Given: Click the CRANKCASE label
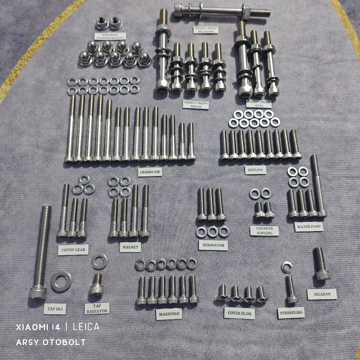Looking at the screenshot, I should (150, 172).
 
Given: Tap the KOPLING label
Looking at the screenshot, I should (255, 170).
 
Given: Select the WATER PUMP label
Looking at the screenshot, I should (309, 227).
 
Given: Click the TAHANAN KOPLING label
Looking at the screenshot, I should (264, 230).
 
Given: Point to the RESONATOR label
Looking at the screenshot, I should (213, 245).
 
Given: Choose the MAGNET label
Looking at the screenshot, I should (130, 247).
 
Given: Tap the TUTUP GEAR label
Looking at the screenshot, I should (73, 250).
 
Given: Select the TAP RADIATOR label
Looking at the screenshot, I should (97, 308).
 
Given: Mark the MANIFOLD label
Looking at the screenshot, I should (169, 314).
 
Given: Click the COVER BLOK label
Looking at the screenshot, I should (239, 313).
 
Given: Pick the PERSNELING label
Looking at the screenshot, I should (291, 312).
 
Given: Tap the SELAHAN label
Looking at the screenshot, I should (322, 294).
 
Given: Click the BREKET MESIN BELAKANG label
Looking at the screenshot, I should (206, 29).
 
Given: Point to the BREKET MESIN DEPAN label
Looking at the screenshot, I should (196, 105).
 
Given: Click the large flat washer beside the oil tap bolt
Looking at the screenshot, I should (61, 282).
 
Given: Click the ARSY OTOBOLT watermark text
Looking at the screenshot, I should (51, 342).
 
